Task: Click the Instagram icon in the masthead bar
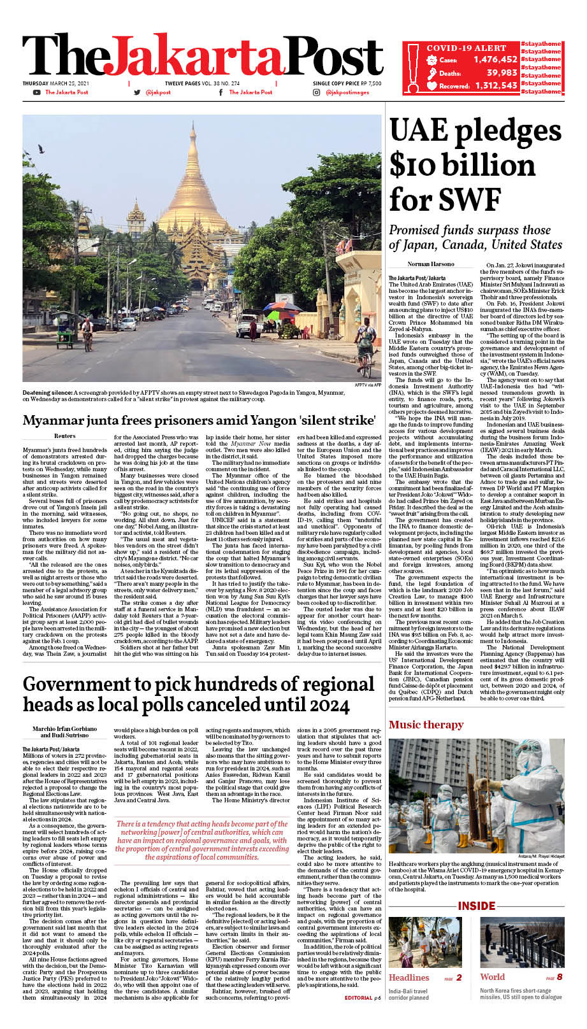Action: click(317, 93)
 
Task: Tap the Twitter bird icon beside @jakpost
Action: click(137, 93)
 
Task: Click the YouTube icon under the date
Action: click(37, 93)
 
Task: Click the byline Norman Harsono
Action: click(431, 264)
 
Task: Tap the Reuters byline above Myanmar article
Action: click(64, 436)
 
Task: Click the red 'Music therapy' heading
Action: click(426, 725)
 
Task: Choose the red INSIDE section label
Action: click(476, 906)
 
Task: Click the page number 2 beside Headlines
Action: click(458, 977)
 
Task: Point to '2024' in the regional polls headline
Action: click(322, 706)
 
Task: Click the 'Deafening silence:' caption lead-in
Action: click(47, 393)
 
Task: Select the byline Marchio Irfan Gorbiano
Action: click(65, 728)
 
